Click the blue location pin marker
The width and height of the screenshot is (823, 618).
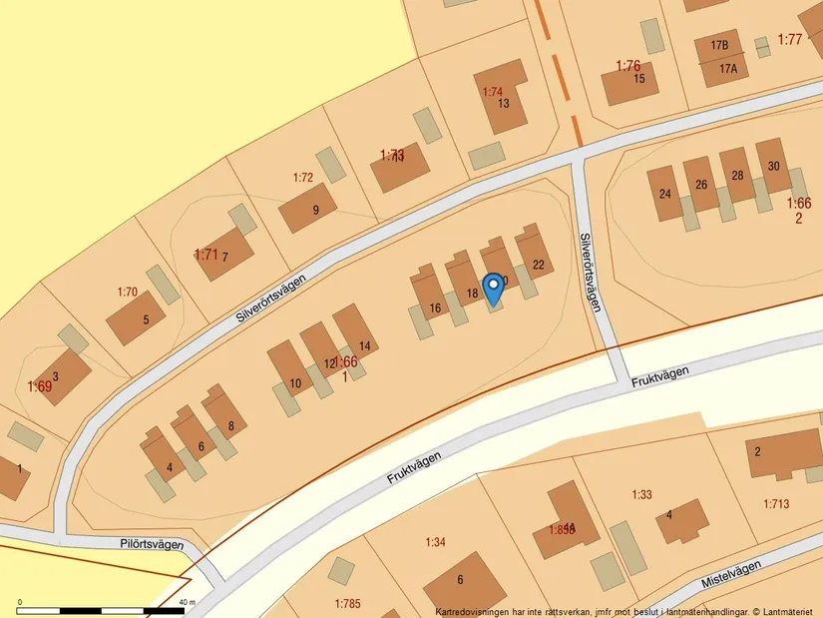[x=493, y=289]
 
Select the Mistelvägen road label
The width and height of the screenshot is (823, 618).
[x=731, y=573]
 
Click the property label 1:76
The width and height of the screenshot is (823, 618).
[x=627, y=66]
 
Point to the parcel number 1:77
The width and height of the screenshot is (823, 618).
[x=789, y=39]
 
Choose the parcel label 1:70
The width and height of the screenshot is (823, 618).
[x=127, y=293]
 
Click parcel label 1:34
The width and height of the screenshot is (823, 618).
[x=435, y=542]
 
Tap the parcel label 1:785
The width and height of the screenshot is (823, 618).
[x=346, y=603]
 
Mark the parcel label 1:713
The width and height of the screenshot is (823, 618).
[x=776, y=503]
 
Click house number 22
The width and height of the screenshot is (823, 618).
[x=539, y=265]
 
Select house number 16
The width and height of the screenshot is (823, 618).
[x=435, y=309]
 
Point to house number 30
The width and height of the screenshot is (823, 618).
[x=774, y=166]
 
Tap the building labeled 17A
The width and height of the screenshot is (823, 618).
[x=728, y=69]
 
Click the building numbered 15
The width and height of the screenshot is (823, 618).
[x=639, y=79]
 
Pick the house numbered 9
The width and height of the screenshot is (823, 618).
[x=315, y=210]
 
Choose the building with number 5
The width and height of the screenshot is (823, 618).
[x=147, y=320]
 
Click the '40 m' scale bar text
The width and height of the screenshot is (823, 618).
[x=186, y=603]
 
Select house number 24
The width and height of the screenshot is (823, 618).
[x=665, y=193]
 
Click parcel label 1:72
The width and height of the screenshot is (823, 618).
[x=303, y=178]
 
